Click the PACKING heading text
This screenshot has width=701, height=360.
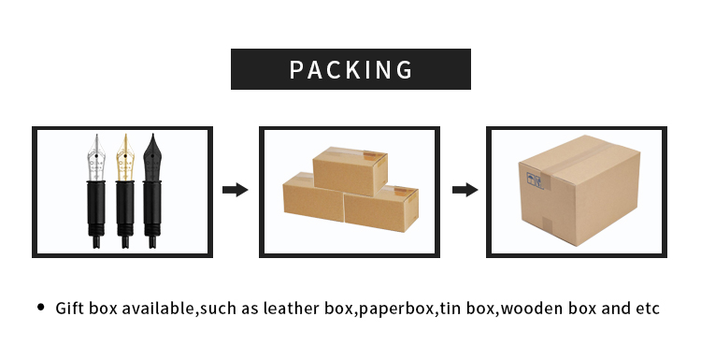[350, 70]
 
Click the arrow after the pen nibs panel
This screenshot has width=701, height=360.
[236, 190]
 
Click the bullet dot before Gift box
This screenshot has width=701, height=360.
[40, 307]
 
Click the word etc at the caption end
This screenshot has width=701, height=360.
[648, 308]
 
